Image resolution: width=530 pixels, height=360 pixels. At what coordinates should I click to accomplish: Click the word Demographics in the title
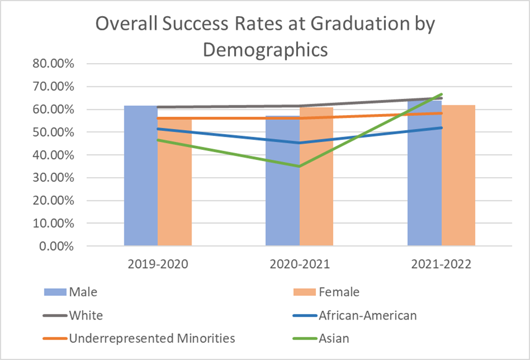[265, 50]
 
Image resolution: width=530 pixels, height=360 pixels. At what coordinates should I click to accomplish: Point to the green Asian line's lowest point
[300, 167]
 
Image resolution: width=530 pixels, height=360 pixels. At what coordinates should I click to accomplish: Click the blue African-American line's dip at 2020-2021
[300, 142]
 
